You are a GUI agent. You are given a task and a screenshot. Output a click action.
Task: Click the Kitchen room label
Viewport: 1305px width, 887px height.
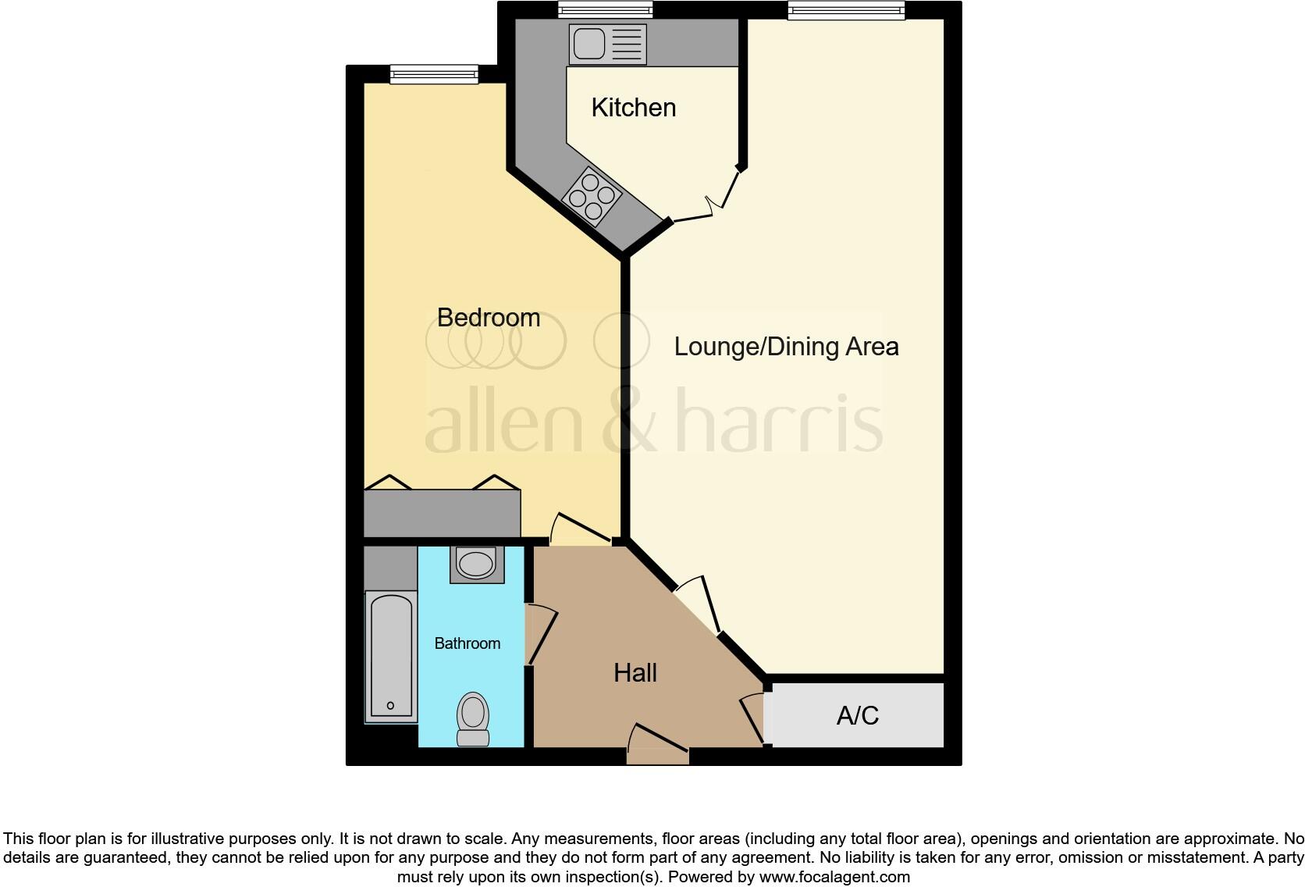tap(633, 108)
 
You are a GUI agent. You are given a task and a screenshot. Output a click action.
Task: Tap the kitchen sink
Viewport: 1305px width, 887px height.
tap(607, 44)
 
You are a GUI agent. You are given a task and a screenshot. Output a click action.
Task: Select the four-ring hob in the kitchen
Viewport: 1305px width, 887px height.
tap(592, 196)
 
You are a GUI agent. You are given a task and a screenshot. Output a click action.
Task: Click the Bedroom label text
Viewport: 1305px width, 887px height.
tap(488, 318)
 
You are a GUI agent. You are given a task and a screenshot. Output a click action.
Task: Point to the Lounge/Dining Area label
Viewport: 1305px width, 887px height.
tap(786, 347)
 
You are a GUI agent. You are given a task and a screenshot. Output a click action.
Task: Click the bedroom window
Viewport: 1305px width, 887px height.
tap(434, 74)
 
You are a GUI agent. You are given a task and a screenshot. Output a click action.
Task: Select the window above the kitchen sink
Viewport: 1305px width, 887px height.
tap(605, 10)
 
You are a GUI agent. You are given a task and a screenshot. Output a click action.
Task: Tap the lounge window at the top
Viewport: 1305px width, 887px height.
tap(846, 10)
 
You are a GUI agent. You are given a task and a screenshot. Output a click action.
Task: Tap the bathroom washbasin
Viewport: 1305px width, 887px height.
tap(475, 564)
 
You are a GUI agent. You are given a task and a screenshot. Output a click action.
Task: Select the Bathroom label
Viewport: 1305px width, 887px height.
tap(467, 643)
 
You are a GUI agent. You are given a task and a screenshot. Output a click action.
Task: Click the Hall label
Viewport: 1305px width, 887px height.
tap(635, 673)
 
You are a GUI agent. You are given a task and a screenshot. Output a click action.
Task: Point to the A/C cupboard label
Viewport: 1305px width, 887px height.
tap(857, 715)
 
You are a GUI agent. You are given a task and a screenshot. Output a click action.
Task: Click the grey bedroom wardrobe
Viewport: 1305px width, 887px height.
tap(442, 512)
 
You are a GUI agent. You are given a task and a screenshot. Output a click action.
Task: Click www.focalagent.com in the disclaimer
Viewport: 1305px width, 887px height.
tap(834, 877)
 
